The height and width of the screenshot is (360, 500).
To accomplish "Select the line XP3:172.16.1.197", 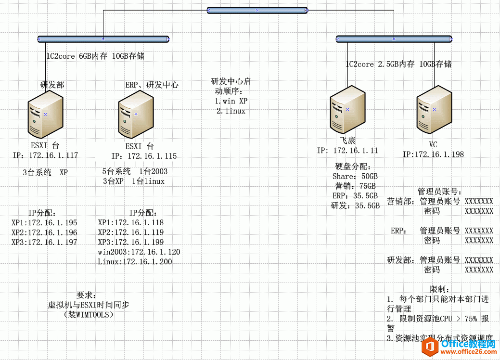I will [x=44, y=242].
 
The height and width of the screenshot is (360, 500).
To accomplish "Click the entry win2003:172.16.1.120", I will [x=139, y=252].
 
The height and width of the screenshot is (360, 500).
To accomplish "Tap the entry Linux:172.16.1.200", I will [x=135, y=261].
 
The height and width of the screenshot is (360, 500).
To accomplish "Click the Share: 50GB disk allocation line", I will [x=355, y=177].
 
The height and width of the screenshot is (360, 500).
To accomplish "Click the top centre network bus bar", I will [x=257, y=10].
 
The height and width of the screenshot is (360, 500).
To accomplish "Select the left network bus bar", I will [x=103, y=39].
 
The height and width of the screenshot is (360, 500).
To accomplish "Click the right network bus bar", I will [x=393, y=39].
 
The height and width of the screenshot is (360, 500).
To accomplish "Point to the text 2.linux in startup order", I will [x=231, y=111].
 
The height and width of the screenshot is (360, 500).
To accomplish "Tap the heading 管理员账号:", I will [x=440, y=192].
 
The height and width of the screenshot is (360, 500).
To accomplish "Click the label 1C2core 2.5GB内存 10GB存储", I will [x=398, y=64].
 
